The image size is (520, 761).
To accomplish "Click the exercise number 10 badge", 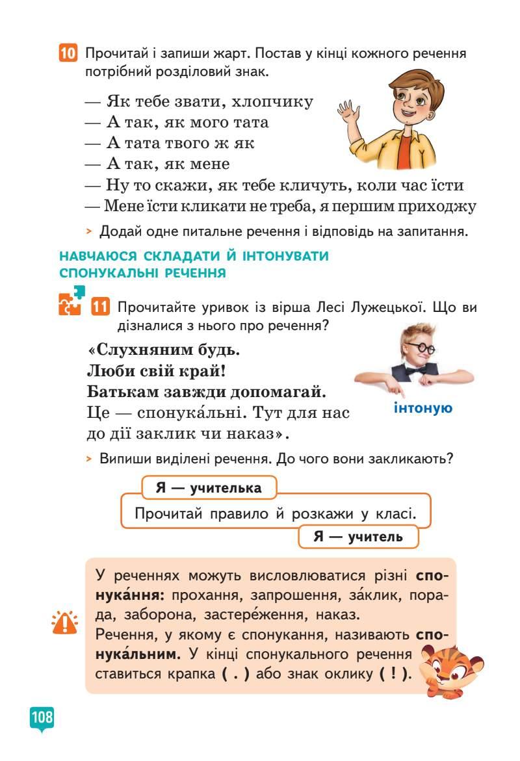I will tap(68, 53).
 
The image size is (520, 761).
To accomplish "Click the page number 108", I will tap(41, 717).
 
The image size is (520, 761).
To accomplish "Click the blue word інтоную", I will tap(423, 408).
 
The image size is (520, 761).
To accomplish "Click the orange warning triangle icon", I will tap(64, 624).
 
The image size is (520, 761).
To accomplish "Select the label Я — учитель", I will tap(358, 537).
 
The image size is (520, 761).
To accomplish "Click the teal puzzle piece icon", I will tap(71, 301).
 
